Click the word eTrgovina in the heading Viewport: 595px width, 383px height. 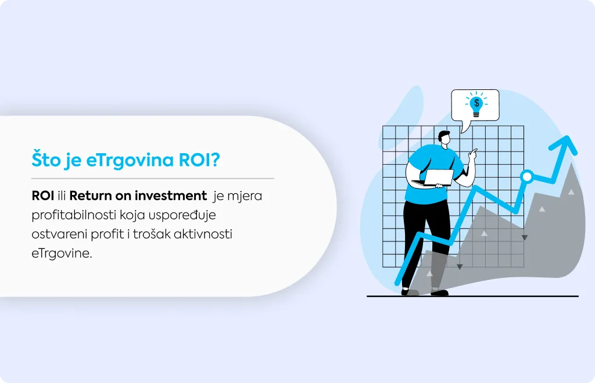pyautogui.click(x=130, y=160)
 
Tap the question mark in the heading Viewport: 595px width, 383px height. pyautogui.click(x=215, y=160)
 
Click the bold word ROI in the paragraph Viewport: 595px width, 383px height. pyautogui.click(x=43, y=196)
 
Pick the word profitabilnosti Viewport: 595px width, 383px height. pyautogui.click(x=74, y=215)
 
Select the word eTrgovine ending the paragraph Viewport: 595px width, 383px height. pyautogui.click(x=62, y=253)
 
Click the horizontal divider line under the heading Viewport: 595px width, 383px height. pyautogui.click(x=153, y=178)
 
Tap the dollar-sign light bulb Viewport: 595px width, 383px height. pyautogui.click(x=476, y=104)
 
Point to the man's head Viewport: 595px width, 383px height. pyautogui.click(x=445, y=139)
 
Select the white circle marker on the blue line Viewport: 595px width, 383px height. pyautogui.click(x=526, y=176)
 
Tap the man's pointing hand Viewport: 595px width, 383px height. pyautogui.click(x=473, y=155)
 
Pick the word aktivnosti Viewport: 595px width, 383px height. pyautogui.click(x=203, y=234)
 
